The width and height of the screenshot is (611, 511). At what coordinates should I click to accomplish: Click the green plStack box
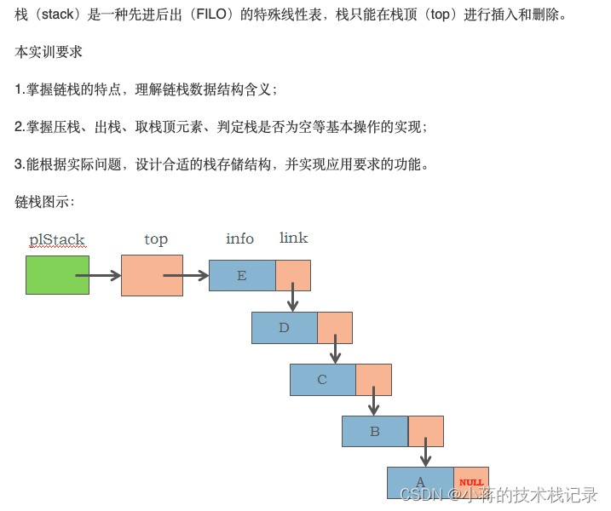pos(57,275)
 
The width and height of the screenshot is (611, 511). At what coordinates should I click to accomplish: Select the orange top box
pos(152,275)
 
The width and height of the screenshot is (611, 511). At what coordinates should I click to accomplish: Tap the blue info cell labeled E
pos(242,275)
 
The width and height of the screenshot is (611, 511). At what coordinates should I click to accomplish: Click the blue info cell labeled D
pos(285,328)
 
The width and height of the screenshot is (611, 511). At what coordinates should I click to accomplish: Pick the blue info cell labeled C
pos(322,380)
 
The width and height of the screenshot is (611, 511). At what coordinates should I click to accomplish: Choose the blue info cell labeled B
pos(375,432)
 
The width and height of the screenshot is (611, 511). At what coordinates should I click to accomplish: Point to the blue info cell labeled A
pos(420,483)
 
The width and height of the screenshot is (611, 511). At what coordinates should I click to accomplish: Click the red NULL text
pos(471,483)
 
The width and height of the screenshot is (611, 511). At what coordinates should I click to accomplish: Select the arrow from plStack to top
pos(99,275)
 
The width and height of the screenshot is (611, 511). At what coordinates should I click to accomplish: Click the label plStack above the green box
pos(57,240)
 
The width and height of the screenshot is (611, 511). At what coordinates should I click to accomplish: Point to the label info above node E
pos(239,238)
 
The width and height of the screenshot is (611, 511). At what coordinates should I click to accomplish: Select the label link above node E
pos(293,238)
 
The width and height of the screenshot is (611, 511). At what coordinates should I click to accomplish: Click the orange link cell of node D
pos(335,328)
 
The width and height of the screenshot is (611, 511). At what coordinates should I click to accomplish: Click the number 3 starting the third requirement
pos(19,164)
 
